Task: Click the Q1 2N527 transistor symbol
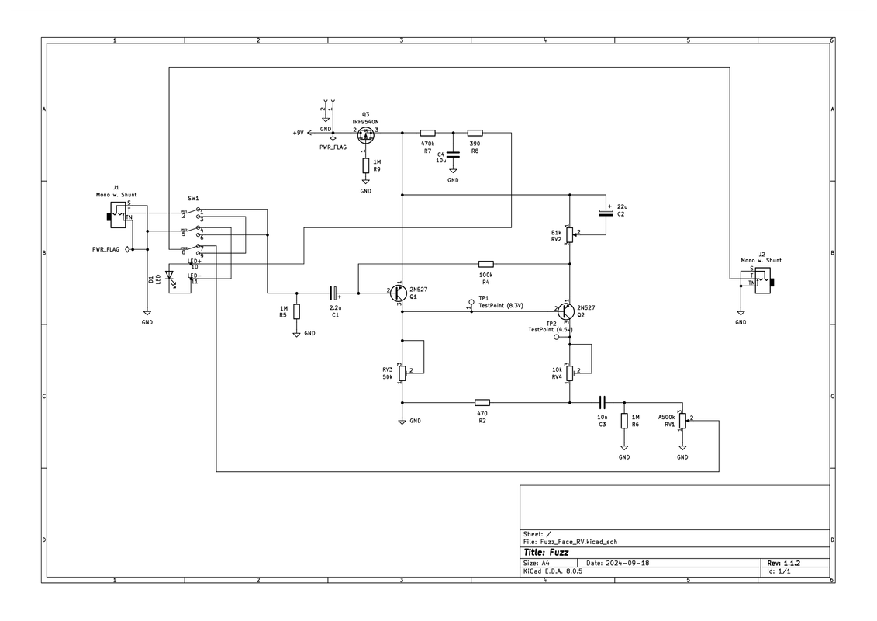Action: tap(398, 293)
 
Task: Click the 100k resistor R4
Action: tap(486, 265)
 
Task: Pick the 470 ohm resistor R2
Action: tap(482, 403)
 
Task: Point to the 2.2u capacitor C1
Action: tap(334, 293)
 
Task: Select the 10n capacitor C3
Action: tap(602, 403)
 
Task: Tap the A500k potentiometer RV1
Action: tap(682, 421)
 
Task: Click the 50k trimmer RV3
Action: tap(402, 372)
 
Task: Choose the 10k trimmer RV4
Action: tap(570, 373)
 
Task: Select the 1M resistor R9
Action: tap(366, 165)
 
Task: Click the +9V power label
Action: tap(299, 134)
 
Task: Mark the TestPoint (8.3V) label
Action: tap(501, 306)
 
